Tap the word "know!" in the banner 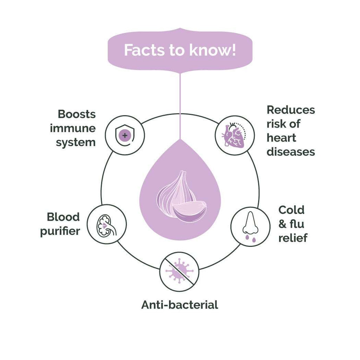coord(213,50)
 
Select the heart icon coord(234,135)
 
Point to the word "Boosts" coord(77,114)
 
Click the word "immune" coord(73,128)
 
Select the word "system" coord(76,143)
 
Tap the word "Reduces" coord(291,110)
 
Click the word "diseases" coord(291,152)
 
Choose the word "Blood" coord(63,217)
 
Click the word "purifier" coord(60,231)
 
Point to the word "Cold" coord(291,210)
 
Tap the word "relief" coord(293,238)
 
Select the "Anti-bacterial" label coord(180,304)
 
